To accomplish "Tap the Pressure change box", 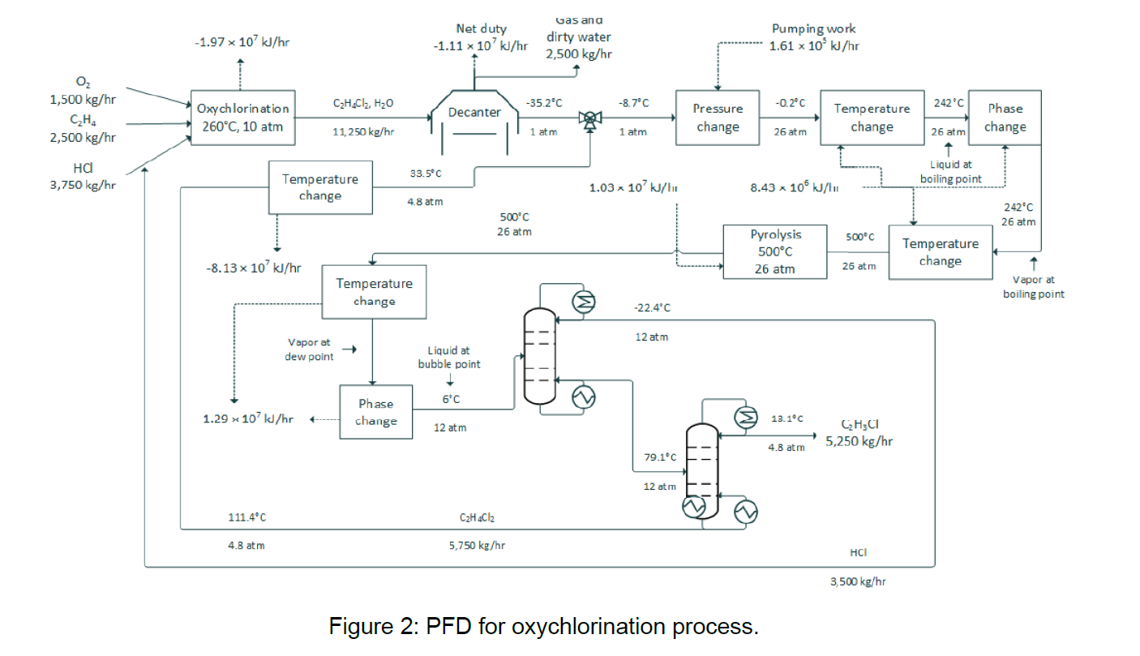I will click(717, 118).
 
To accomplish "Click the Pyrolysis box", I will click(775, 251).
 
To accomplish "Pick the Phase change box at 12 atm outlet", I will click(375, 412).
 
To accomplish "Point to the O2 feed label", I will click(83, 83).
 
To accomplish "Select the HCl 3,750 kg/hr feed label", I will click(83, 177).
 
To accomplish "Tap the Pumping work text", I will click(813, 29).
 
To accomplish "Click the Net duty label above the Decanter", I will click(481, 29).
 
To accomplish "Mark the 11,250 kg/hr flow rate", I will click(363, 132).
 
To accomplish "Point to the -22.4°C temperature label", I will click(652, 307).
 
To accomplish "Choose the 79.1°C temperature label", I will click(660, 457).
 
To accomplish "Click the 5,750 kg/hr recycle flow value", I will click(477, 546).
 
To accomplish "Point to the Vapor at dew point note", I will click(308, 349).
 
